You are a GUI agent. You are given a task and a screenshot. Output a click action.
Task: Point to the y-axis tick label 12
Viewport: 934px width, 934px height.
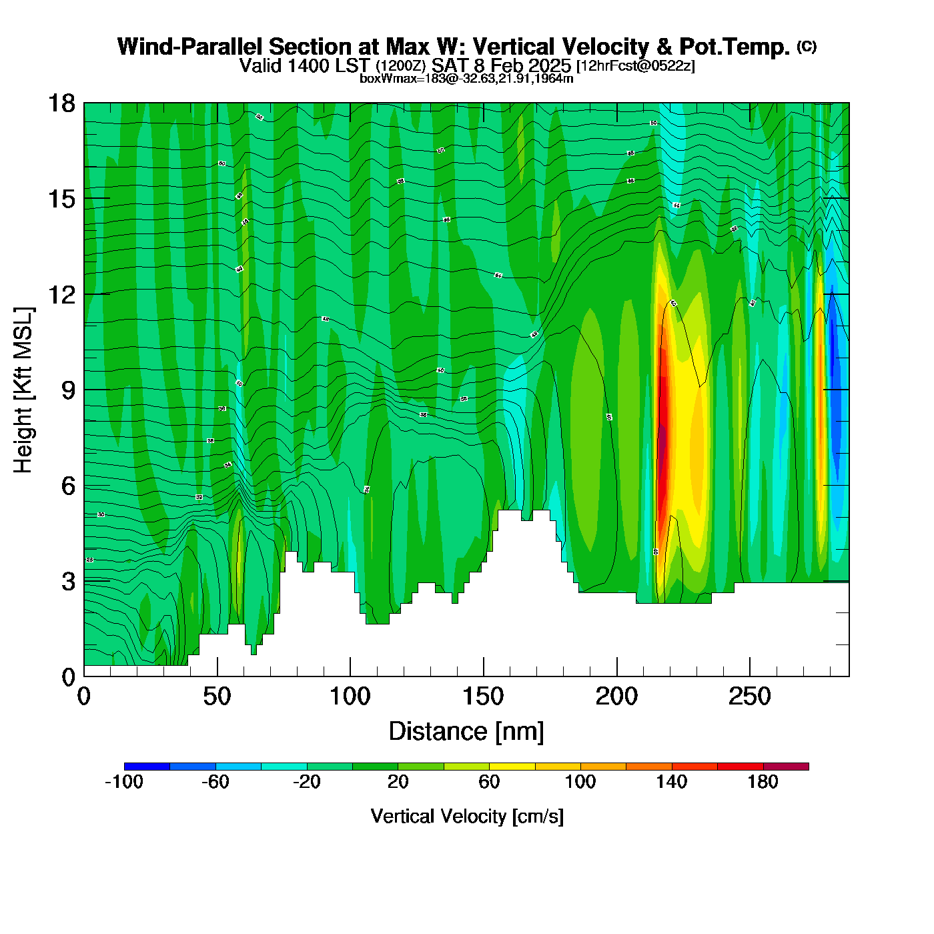tap(61, 294)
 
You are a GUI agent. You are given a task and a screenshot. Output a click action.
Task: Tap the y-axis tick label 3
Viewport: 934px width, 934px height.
tap(68, 581)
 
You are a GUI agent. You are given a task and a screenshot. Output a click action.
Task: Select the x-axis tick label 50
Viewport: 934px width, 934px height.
tap(217, 697)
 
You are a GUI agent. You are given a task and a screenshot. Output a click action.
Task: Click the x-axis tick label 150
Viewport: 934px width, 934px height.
tap(483, 697)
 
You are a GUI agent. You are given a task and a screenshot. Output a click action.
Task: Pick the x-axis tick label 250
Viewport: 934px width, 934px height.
tap(749, 697)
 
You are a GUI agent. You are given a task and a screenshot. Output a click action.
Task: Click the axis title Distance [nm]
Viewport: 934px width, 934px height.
tap(466, 731)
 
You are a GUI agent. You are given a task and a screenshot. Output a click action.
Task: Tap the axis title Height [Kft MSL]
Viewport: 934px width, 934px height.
tap(23, 390)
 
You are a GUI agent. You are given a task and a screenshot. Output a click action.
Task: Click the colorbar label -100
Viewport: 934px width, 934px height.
tap(124, 782)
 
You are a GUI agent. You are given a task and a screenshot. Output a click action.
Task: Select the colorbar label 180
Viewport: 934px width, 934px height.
tap(763, 782)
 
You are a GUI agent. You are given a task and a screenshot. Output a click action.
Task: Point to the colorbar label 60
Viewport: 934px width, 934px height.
tap(489, 782)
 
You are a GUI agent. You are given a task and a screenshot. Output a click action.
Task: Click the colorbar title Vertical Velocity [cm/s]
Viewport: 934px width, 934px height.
tap(466, 816)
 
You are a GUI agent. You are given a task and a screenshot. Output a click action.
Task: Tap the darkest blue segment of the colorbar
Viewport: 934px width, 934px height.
tap(147, 767)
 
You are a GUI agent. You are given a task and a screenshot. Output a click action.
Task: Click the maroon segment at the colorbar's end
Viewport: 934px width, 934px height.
tap(786, 767)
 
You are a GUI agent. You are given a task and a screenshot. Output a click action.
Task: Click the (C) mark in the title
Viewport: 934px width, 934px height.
tap(807, 46)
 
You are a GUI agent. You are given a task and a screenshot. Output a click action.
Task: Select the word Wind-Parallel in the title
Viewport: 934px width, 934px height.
tap(190, 47)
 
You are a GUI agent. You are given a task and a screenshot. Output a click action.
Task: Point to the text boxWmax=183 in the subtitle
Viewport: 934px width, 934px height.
tap(396, 78)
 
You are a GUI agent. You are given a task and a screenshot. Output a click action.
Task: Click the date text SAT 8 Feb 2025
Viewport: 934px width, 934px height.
tap(501, 65)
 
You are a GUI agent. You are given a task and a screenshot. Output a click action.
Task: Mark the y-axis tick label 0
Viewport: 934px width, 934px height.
tap(68, 677)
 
